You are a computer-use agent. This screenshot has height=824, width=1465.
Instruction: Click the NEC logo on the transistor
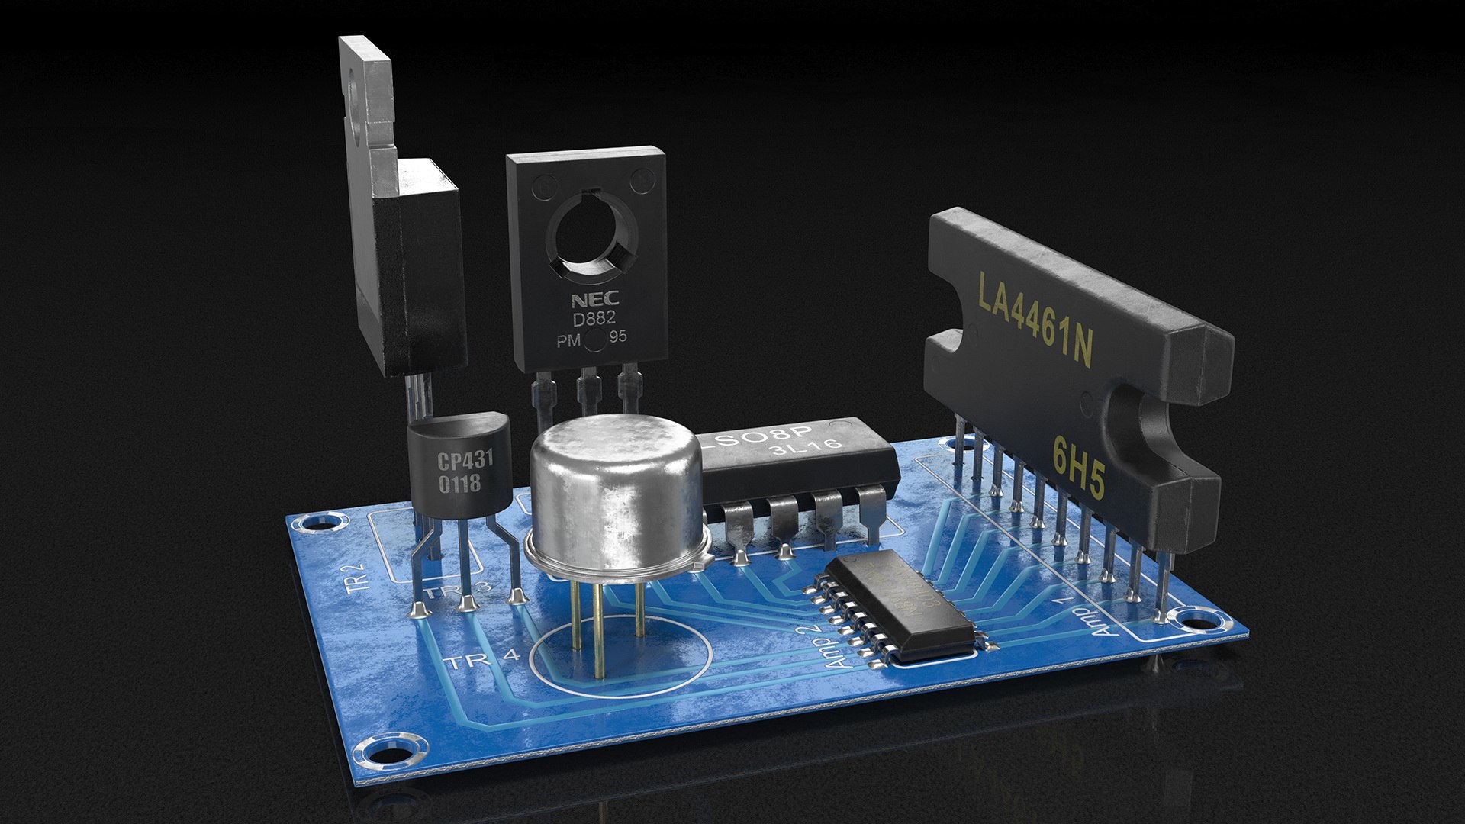[x=595, y=299]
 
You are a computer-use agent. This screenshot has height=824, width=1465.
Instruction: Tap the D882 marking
[x=594, y=319]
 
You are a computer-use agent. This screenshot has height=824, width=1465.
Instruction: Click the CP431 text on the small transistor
[x=465, y=459]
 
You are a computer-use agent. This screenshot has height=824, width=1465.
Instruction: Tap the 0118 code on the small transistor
[x=459, y=483]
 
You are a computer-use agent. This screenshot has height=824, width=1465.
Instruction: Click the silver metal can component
[x=615, y=496]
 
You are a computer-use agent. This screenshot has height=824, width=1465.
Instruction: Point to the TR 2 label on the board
[x=357, y=578]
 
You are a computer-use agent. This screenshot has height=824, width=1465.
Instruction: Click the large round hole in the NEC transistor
[x=589, y=228]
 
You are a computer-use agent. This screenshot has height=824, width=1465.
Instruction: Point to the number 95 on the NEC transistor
[x=618, y=336]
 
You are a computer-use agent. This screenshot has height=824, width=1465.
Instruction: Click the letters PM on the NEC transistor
[x=568, y=341]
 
